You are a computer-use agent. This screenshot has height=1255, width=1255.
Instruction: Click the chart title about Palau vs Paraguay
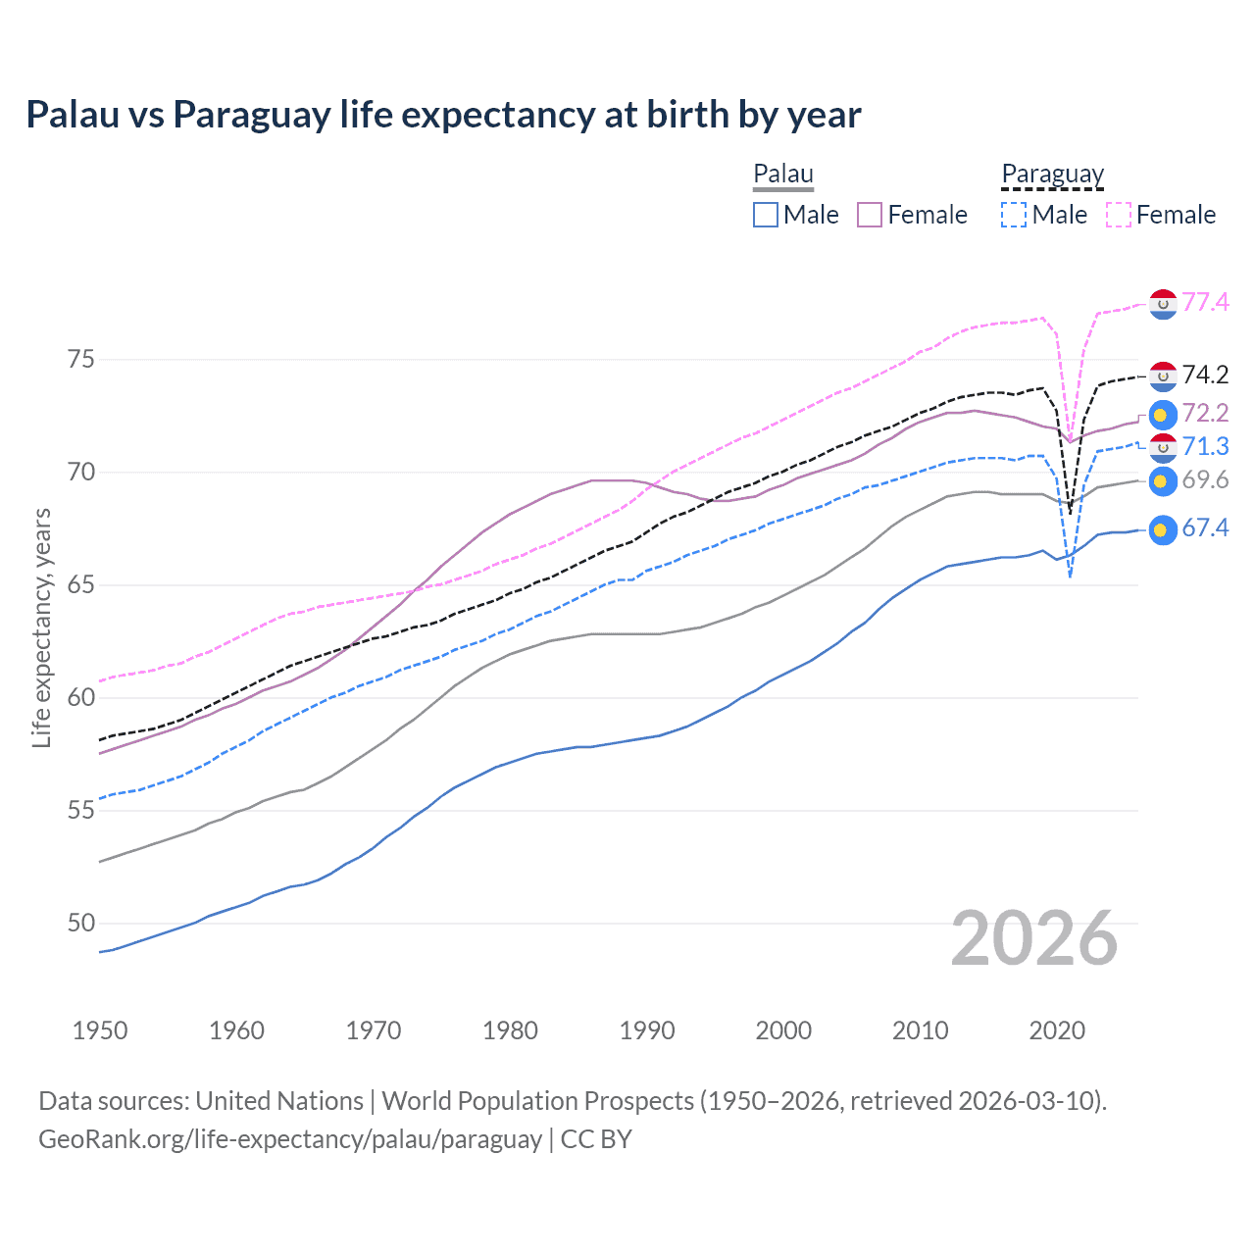click(443, 115)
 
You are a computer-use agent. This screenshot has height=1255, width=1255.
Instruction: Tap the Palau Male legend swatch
click(766, 215)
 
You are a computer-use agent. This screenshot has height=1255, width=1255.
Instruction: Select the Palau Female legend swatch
click(870, 215)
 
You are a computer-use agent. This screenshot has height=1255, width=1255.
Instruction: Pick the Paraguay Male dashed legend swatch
click(1014, 215)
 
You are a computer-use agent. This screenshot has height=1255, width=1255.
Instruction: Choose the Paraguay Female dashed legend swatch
click(1118, 215)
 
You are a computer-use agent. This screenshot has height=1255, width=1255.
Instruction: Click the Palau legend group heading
click(783, 175)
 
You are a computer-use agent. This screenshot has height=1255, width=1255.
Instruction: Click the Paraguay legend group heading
click(1052, 175)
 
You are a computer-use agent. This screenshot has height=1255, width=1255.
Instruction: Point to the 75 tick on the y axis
click(81, 360)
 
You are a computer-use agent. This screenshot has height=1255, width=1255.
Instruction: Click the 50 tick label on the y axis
click(81, 924)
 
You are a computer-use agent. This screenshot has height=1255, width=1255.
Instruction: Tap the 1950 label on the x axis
click(100, 1030)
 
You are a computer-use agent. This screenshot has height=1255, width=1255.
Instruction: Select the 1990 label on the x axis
click(647, 1030)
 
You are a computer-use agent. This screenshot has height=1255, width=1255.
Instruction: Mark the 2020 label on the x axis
click(1057, 1030)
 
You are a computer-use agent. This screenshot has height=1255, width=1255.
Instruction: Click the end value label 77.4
click(1205, 302)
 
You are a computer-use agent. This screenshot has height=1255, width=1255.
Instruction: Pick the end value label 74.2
click(1205, 375)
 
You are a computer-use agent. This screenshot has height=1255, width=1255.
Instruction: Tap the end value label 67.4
click(1205, 528)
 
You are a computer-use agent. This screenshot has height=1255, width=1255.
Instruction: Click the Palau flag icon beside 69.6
click(1162, 481)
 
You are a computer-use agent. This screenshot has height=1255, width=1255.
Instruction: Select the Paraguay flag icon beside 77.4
click(1162, 304)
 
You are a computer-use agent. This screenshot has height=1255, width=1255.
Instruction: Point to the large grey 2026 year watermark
click(1034, 938)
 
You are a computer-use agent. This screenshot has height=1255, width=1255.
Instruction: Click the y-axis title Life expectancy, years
click(41, 627)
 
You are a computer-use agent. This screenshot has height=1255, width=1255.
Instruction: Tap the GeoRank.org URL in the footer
click(290, 1139)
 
